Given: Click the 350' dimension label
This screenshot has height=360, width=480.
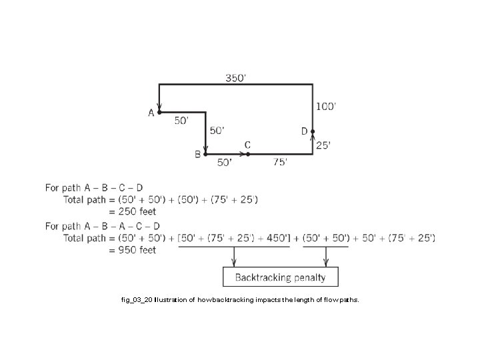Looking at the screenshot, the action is coord(235,77).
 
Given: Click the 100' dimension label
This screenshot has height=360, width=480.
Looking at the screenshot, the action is coord(326,106).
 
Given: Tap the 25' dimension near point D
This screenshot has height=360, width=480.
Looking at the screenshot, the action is coord(323,145).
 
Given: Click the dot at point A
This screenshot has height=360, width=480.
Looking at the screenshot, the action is coord(159,112).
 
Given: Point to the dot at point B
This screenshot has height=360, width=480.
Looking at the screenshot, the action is coord(205,154).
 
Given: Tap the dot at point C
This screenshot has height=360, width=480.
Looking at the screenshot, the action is coord(247,154).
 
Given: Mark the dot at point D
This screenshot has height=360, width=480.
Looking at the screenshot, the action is coord(312,131).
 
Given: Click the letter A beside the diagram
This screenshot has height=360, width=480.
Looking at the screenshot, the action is coord(151,113).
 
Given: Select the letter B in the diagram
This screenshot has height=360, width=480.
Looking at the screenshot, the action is coord(197,155).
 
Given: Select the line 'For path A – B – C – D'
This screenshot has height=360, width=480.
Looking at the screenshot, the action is coord(94,188).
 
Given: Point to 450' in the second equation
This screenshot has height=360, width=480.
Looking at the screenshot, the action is coord(276,238).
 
